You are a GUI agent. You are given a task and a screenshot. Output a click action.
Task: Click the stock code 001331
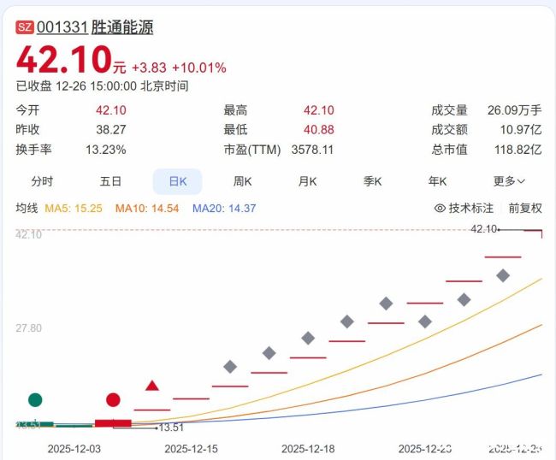[x=62, y=27]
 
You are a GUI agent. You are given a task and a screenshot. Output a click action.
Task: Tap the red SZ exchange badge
[x=25, y=27]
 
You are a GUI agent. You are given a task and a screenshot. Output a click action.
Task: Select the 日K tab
[x=177, y=181]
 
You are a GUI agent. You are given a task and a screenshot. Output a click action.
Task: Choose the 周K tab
[x=243, y=181]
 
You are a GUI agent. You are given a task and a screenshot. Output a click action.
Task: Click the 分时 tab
[x=42, y=181]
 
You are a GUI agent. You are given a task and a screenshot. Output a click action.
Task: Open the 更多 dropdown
[x=509, y=181]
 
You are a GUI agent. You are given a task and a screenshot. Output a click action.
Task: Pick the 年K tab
[x=438, y=181]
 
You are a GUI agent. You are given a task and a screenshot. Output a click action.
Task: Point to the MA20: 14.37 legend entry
[x=224, y=208]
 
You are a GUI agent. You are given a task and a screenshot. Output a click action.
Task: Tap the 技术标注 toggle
[x=464, y=208]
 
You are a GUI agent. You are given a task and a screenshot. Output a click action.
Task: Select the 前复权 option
[x=525, y=208]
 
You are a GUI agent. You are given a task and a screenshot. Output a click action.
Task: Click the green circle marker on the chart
[x=35, y=399]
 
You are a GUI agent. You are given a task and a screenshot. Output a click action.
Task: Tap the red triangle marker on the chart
[x=152, y=386]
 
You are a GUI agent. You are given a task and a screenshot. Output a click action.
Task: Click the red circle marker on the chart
[x=113, y=399]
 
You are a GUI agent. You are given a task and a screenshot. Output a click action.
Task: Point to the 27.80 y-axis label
[x=29, y=328]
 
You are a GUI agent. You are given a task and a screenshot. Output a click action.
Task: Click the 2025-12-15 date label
[x=191, y=448]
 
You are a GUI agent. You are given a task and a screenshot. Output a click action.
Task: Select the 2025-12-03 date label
[x=74, y=448]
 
